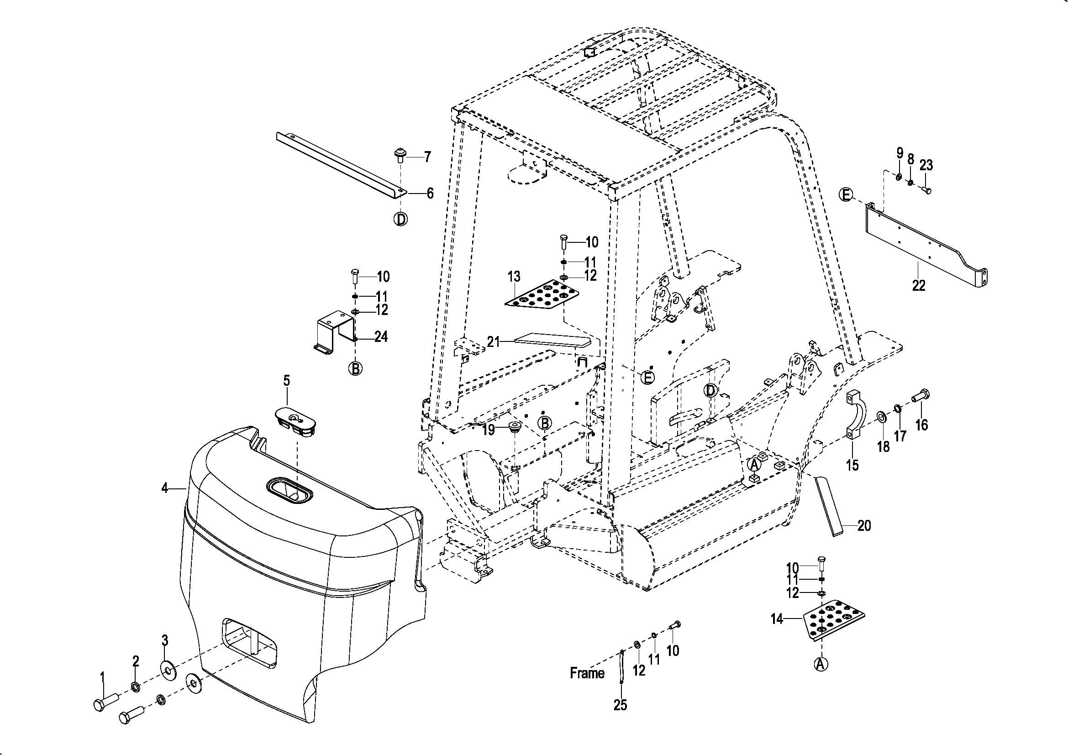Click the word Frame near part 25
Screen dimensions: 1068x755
click(587, 673)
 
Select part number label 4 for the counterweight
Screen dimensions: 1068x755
click(164, 488)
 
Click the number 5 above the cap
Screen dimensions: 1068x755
click(287, 381)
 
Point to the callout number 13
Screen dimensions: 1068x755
click(514, 277)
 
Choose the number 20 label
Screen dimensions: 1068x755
click(864, 526)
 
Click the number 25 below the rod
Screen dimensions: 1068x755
click(620, 705)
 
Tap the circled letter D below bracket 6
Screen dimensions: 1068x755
click(400, 219)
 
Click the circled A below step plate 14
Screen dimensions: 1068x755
click(821, 664)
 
